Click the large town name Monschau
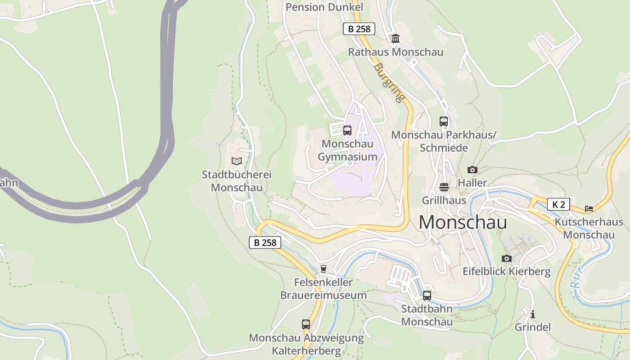tap(463, 222)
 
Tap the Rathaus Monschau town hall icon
tap(396, 39)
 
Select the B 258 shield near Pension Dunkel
tap(359, 29)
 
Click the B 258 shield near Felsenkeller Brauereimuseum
tap(265, 243)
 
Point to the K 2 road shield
tap(558, 204)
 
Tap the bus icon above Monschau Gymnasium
tap(347, 130)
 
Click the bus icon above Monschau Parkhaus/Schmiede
tap(444, 121)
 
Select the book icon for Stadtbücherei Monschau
tap(237, 161)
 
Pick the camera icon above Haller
tap(472, 170)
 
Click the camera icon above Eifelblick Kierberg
tap(507, 258)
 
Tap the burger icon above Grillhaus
tap(444, 187)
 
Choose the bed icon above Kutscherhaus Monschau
tap(589, 208)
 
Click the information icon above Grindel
tap(533, 314)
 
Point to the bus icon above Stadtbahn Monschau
tap(427, 296)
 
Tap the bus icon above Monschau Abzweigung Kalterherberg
tap(306, 324)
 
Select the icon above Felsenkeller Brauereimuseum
tap(323, 269)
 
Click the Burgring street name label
tap(389, 82)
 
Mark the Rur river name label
tap(576, 277)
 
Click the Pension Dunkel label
tap(324, 7)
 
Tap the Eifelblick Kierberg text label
tap(507, 271)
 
